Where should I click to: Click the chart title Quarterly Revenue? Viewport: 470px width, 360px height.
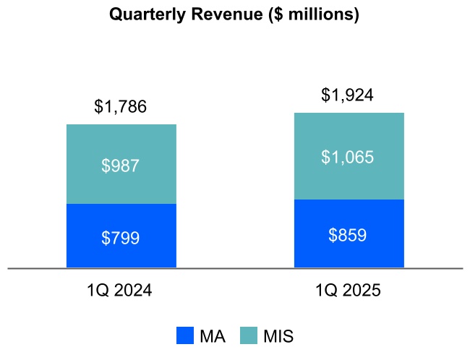234,14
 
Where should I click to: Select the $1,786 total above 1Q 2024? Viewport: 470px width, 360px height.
121,107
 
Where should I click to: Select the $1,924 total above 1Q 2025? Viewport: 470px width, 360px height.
348,95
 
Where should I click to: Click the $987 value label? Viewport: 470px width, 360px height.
121,166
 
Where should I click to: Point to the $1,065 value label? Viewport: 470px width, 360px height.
348,157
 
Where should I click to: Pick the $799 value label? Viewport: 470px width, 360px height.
121,238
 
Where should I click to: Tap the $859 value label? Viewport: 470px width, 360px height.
348,235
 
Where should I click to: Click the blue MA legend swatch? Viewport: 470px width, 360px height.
185,335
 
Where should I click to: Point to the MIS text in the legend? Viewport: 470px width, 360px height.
278,336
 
